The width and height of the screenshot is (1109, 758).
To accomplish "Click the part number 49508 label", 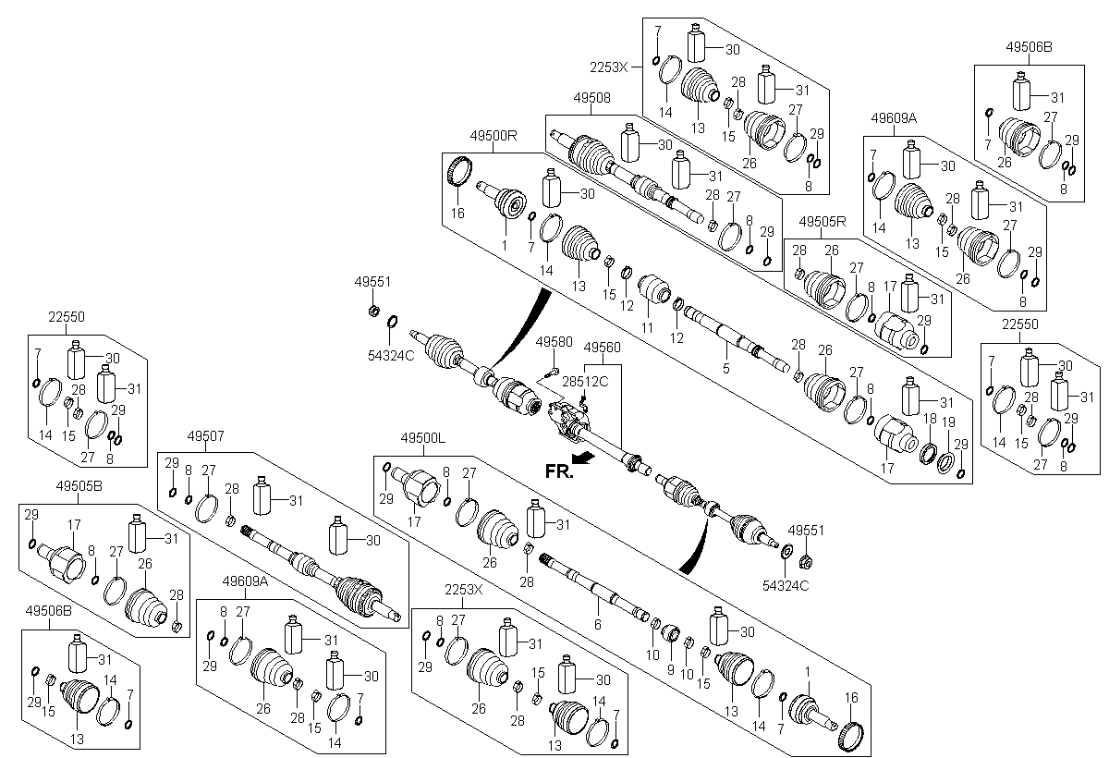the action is (591, 98).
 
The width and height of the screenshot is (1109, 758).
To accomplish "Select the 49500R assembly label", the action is (494, 135).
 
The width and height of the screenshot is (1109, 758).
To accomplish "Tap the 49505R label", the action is (823, 221).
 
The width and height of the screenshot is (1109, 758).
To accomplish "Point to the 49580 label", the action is (554, 342).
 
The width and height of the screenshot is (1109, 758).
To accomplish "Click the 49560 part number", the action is (602, 347).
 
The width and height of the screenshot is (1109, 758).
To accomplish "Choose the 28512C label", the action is (585, 381).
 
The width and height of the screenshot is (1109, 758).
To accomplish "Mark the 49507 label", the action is (205, 435).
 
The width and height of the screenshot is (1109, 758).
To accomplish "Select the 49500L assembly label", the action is (423, 437).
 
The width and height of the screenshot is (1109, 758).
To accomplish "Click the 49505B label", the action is (79, 485).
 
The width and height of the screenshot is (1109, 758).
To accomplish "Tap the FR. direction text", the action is (559, 471).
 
